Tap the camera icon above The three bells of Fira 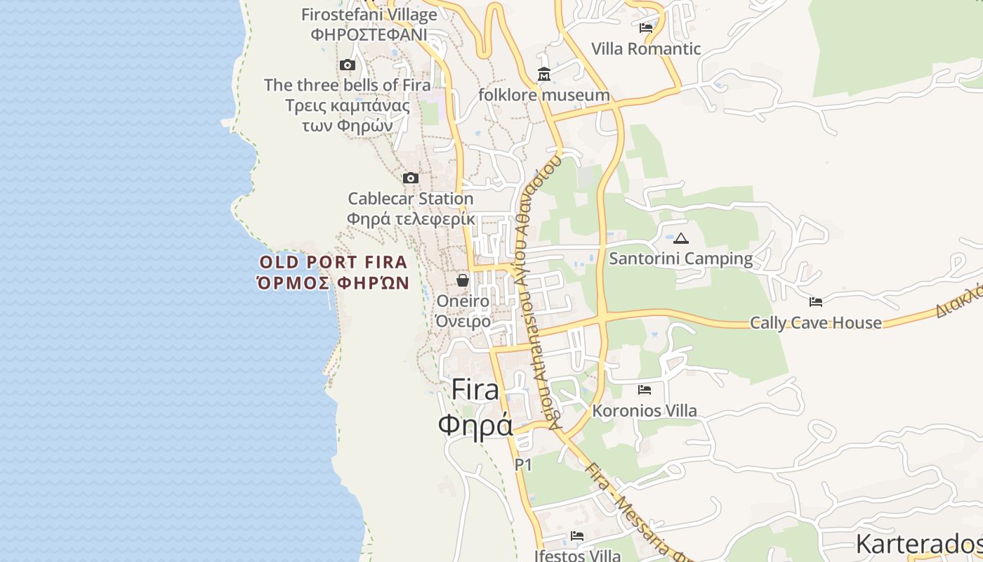[347, 65]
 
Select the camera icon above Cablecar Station [411, 178]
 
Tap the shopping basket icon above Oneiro [463, 280]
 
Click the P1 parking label [523, 464]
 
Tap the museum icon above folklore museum [544, 74]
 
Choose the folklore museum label [544, 95]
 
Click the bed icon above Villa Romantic [646, 28]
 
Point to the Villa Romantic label [646, 48]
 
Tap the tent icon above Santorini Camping [680, 238]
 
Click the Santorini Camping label [680, 259]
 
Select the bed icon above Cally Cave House [816, 302]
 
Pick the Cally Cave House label [816, 322]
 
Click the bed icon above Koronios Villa [645, 390]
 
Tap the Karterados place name [918, 544]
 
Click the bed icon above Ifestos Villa [577, 536]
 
